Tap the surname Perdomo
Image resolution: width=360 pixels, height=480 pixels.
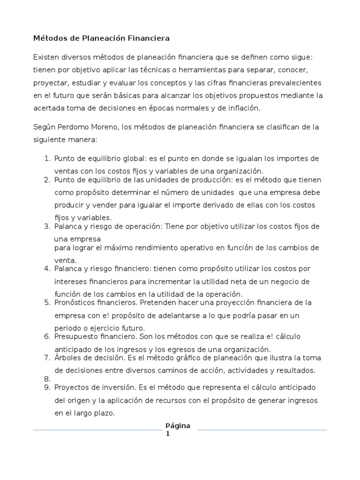click(x=77, y=127)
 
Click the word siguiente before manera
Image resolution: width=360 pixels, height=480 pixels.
click(x=51, y=140)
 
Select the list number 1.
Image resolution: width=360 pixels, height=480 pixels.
click(x=47, y=158)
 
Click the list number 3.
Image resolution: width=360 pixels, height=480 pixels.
click(x=47, y=226)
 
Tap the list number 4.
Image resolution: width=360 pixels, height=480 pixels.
click(x=47, y=269)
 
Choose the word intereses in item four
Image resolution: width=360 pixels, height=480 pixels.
click(x=70, y=282)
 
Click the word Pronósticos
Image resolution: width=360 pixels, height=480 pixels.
click(x=76, y=302)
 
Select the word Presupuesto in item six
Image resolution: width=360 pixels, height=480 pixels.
click(x=76, y=337)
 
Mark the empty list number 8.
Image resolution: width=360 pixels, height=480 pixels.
click(x=47, y=379)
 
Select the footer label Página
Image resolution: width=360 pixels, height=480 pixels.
click(x=178, y=426)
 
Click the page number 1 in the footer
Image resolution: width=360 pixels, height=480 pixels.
click(x=167, y=434)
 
